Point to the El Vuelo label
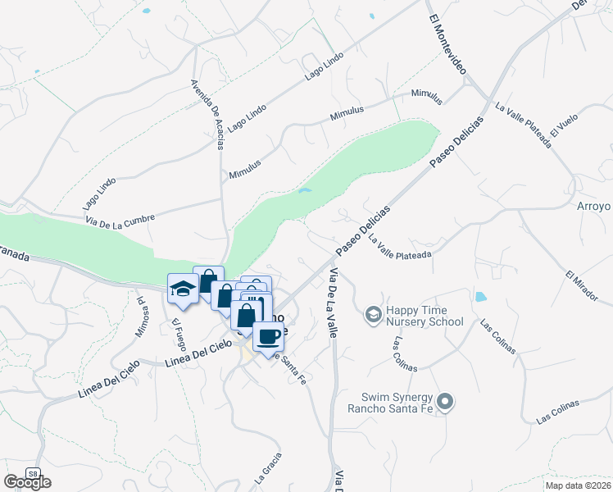[565, 126]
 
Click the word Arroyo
[595, 206]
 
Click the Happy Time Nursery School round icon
[373, 313]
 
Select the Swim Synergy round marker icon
[445, 401]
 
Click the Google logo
[27, 483]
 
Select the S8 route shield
[32, 473]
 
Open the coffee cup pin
[268, 335]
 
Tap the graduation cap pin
[182, 288]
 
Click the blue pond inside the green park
[305, 191]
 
